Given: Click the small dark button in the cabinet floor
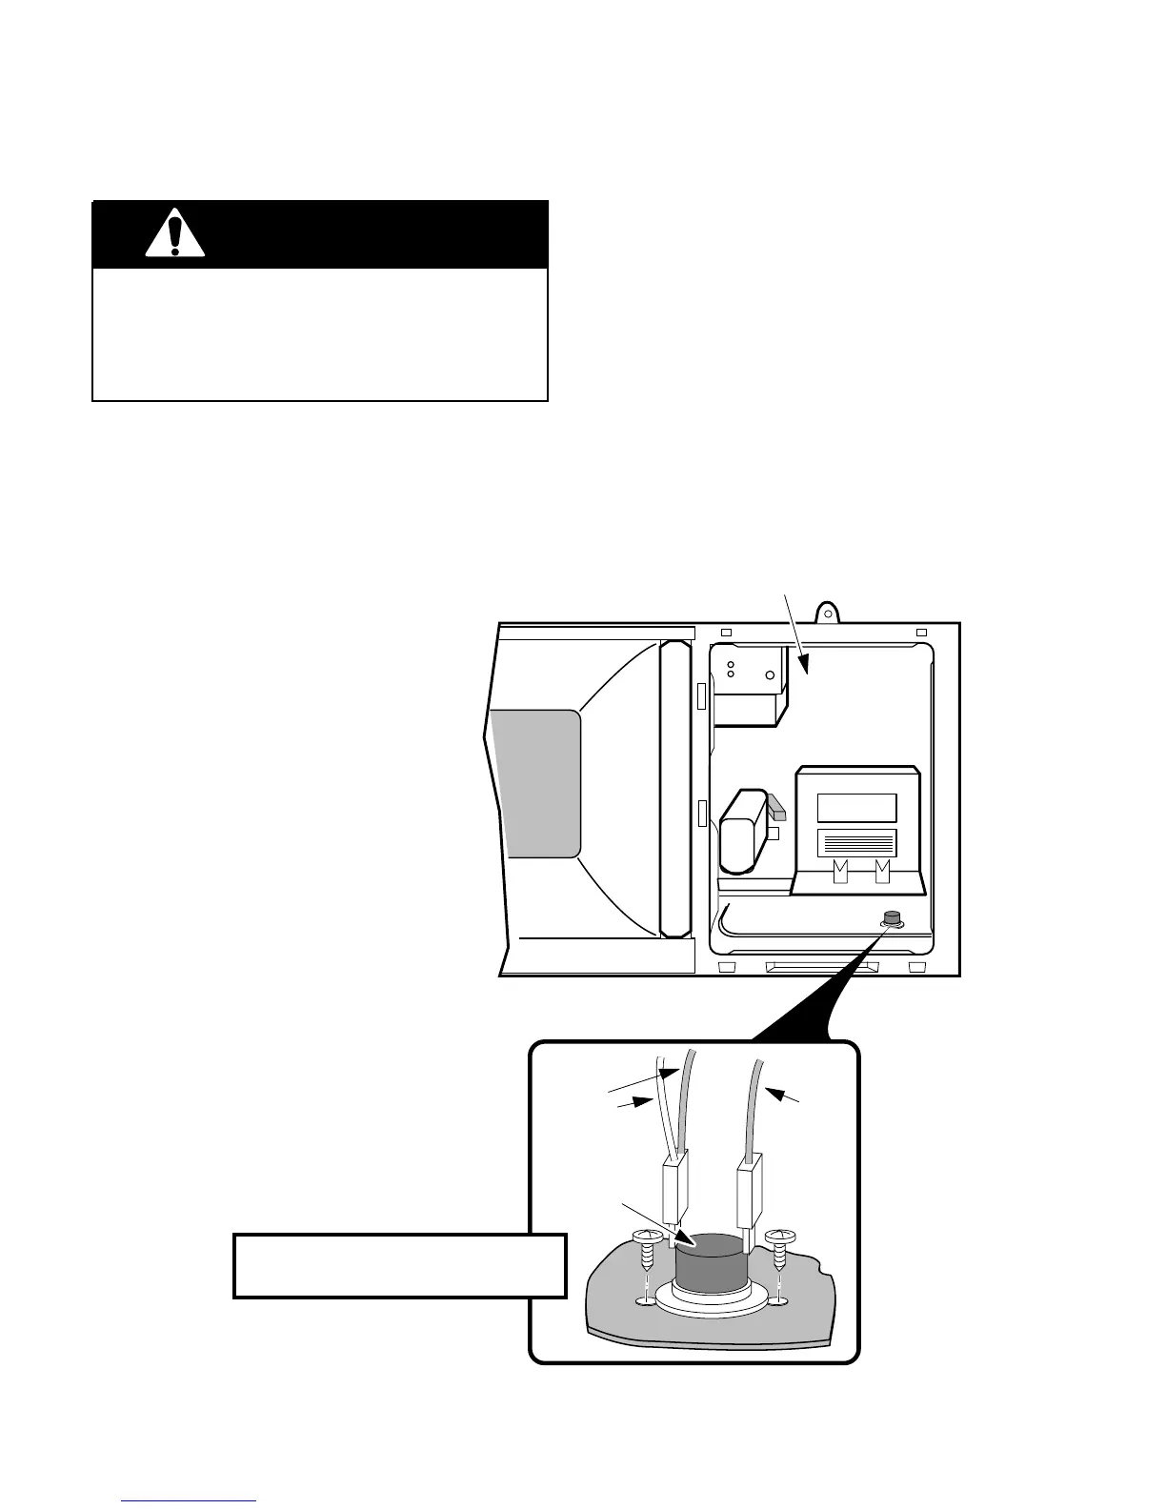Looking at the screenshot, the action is tap(892, 919).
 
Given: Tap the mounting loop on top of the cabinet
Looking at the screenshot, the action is tap(828, 609).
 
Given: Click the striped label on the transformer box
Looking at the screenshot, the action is tap(856, 843).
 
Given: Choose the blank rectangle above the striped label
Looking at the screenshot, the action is tap(856, 808).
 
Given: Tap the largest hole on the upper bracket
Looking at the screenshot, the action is tap(770, 678).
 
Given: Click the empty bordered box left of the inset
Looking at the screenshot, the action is tap(399, 1265).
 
